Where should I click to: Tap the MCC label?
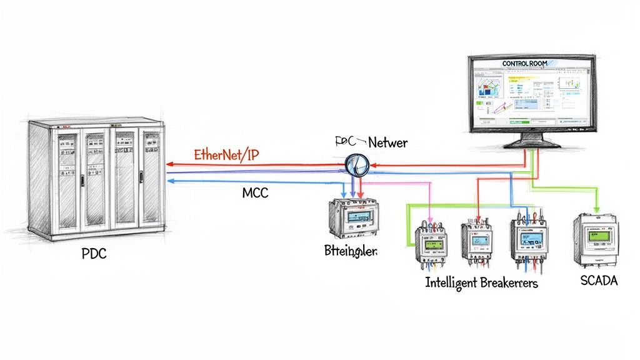(255, 193)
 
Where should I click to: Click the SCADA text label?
(599, 281)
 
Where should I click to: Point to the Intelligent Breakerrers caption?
(481, 282)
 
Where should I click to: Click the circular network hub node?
(356, 164)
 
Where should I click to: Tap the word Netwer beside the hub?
(387, 143)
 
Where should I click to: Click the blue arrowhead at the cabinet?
(171, 181)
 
